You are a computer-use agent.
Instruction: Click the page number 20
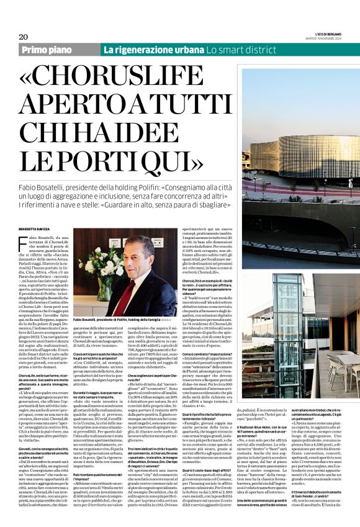pos(24,37)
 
